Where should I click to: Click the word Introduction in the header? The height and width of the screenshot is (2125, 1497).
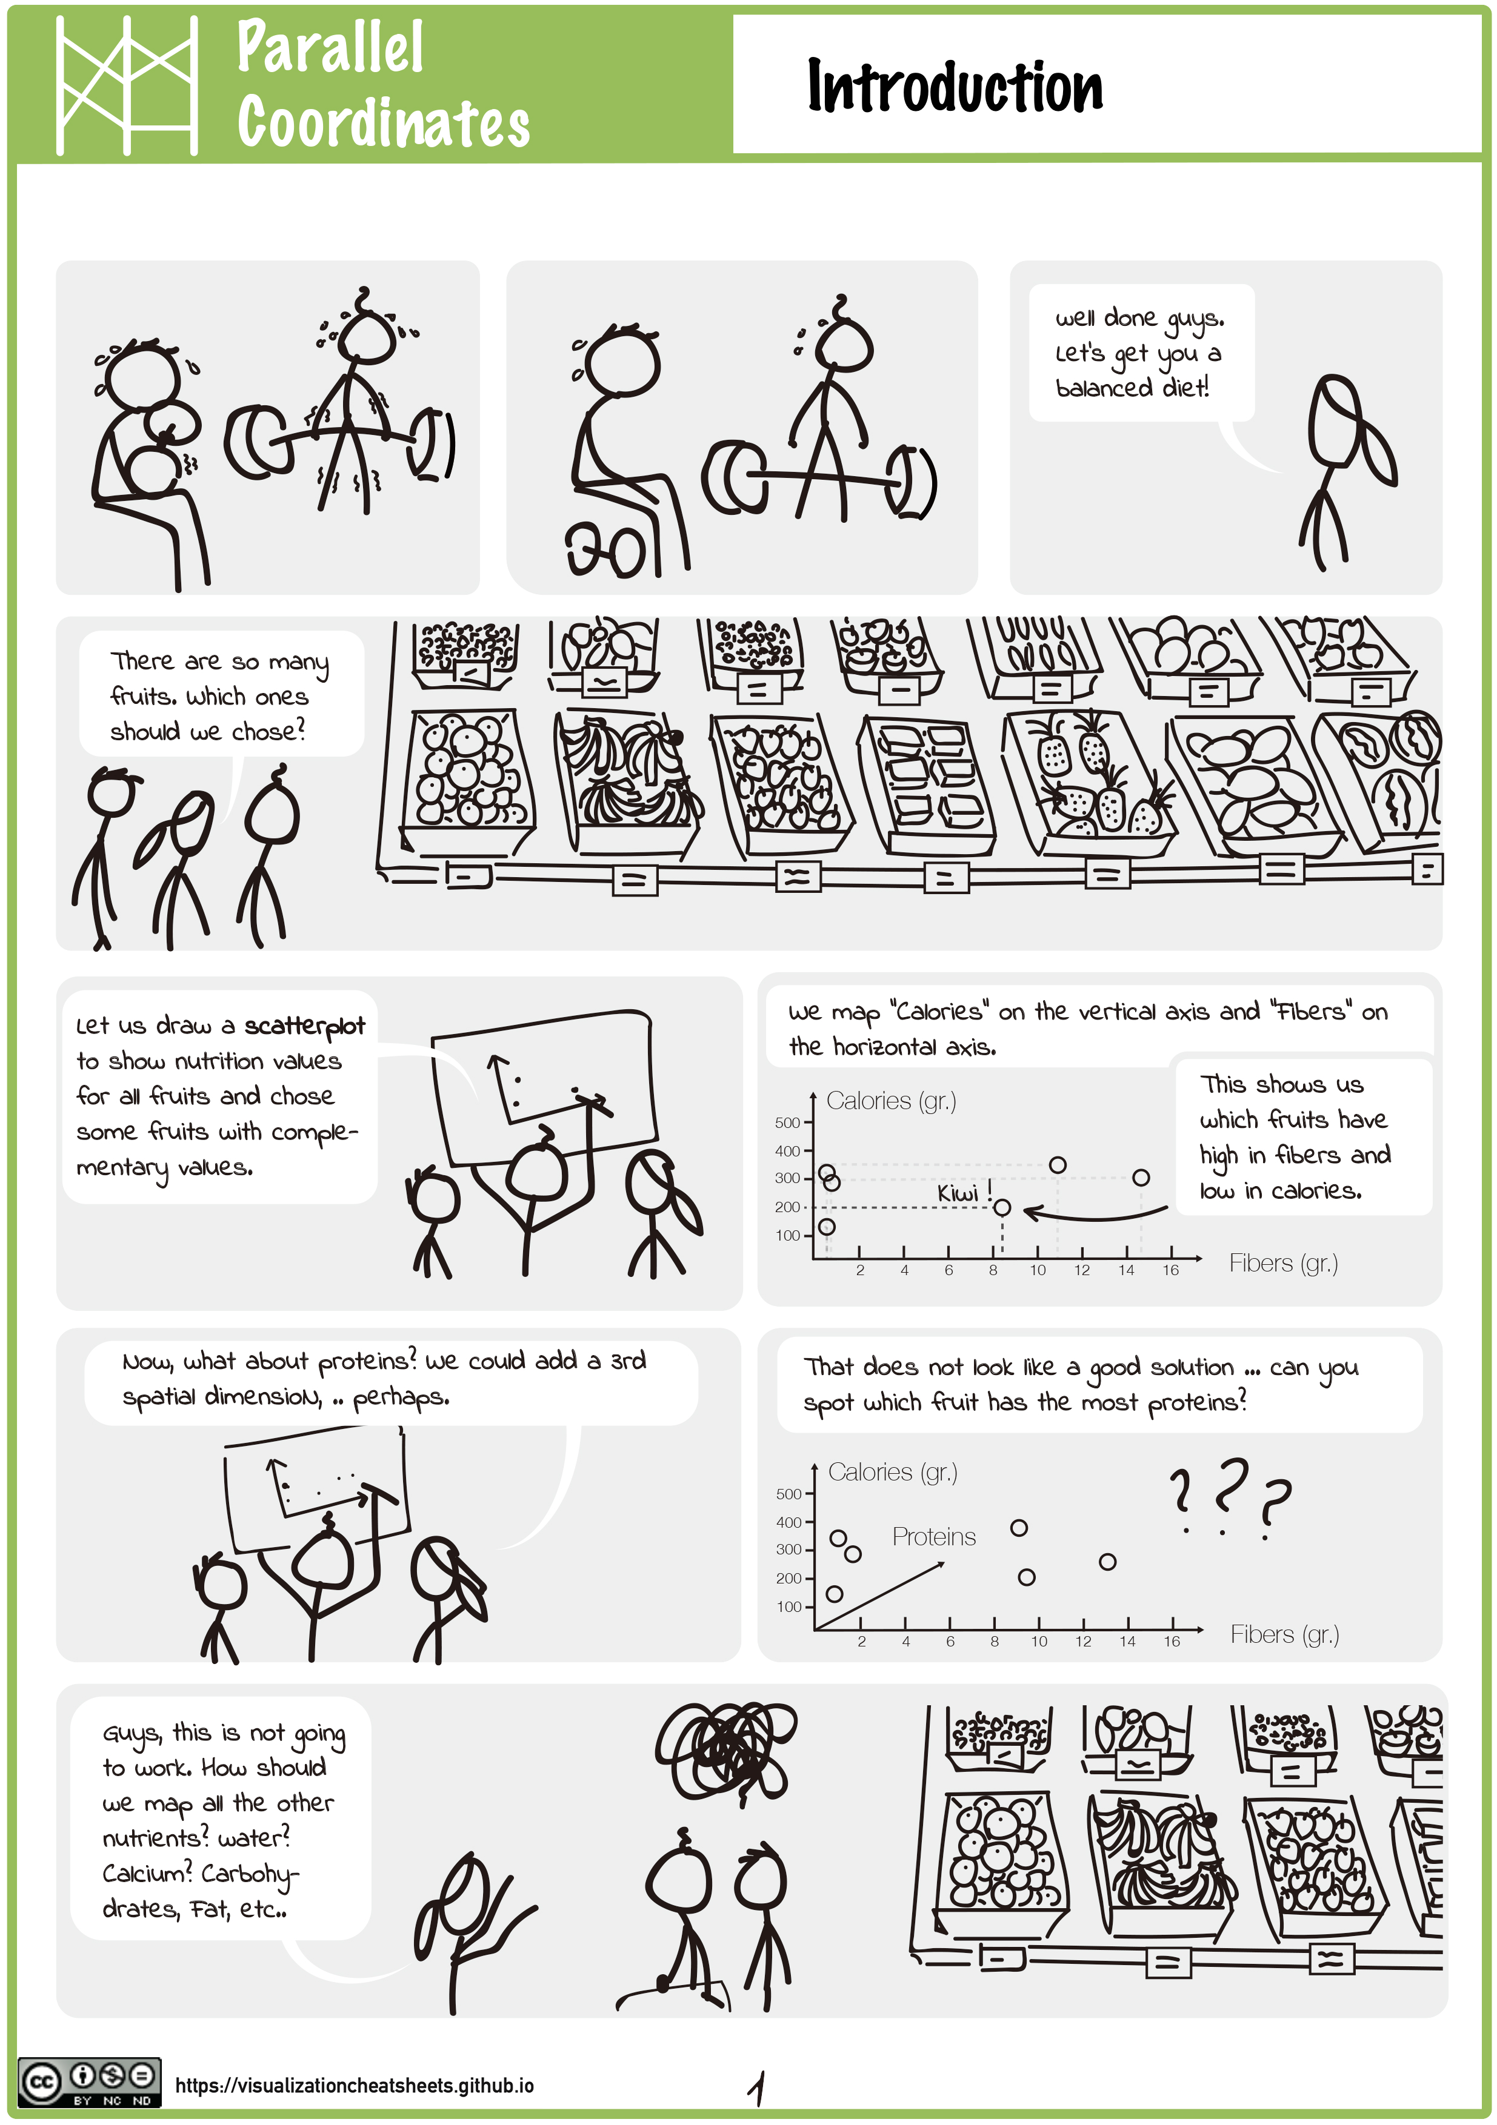(955, 86)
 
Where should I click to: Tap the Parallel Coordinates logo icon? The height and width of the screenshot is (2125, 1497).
(127, 85)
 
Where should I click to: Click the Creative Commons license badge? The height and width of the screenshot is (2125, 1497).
(89, 2083)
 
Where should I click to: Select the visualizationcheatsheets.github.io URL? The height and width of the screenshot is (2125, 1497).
(354, 2085)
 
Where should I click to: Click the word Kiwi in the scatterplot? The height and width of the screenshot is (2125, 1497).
(957, 1193)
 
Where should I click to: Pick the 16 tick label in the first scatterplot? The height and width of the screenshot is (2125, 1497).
(1170, 1270)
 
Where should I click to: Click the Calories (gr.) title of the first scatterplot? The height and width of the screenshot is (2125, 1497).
(890, 1101)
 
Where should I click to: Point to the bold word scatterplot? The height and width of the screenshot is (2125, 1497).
(305, 1026)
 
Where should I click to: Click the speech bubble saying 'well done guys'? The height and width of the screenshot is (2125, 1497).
(1141, 353)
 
